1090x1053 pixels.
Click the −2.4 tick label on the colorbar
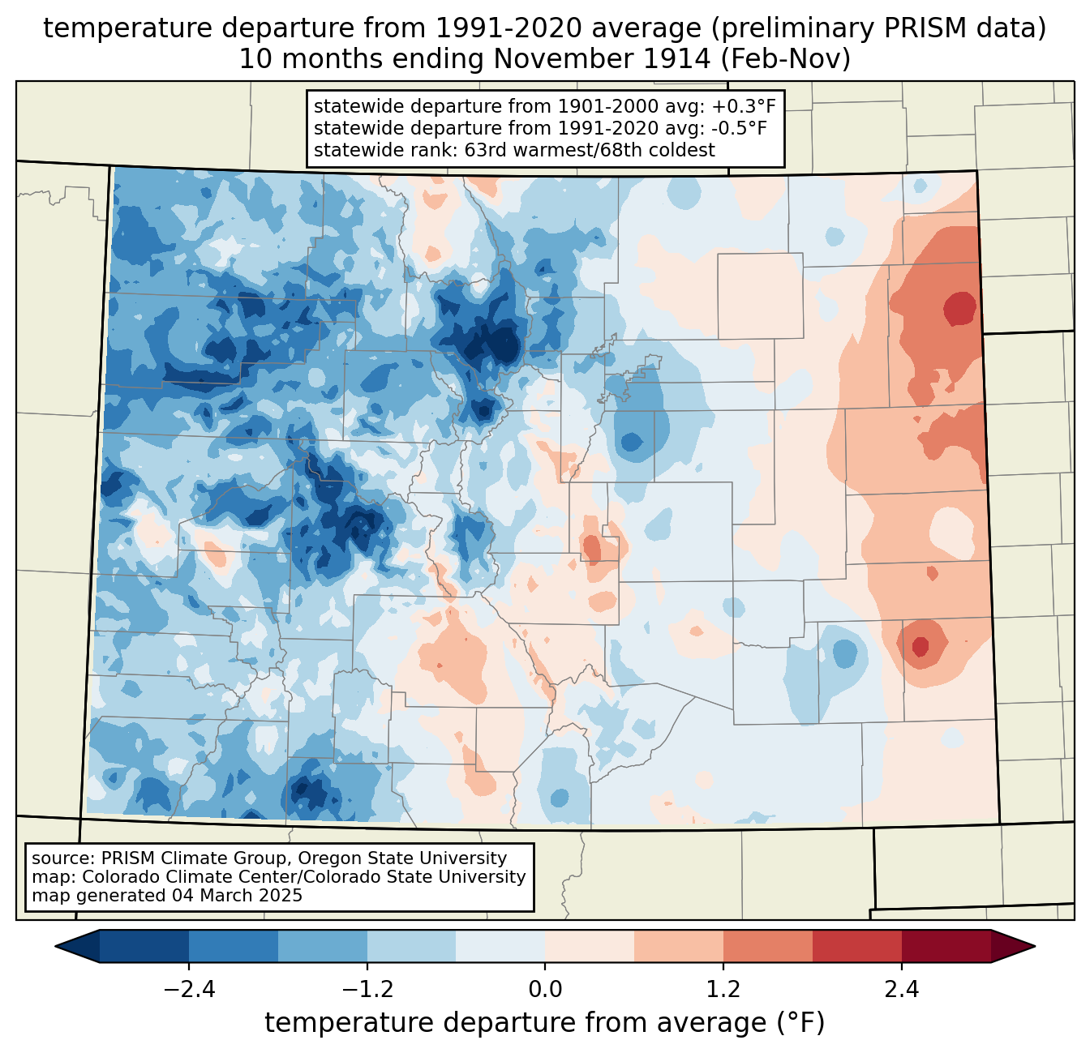pyautogui.click(x=189, y=989)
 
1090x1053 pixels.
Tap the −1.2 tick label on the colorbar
pyautogui.click(x=367, y=989)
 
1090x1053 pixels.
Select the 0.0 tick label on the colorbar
pyautogui.click(x=545, y=989)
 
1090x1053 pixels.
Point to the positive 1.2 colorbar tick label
pyautogui.click(x=723, y=989)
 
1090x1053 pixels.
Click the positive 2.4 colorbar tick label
pyautogui.click(x=901, y=989)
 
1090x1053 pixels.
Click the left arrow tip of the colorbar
pyautogui.click(x=55, y=946)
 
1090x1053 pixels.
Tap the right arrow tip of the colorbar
pyautogui.click(x=1035, y=946)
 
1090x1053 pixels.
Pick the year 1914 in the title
pyautogui.click(x=676, y=59)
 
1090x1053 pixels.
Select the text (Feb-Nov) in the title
pyautogui.click(x=785, y=59)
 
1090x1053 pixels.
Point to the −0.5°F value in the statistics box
pyautogui.click(x=739, y=128)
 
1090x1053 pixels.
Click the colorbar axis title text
pyautogui.click(x=544, y=1022)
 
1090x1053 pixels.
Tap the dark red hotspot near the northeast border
pyautogui.click(x=960, y=308)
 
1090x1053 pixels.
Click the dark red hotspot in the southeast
pyautogui.click(x=920, y=646)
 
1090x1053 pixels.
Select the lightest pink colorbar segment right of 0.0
pyautogui.click(x=590, y=946)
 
